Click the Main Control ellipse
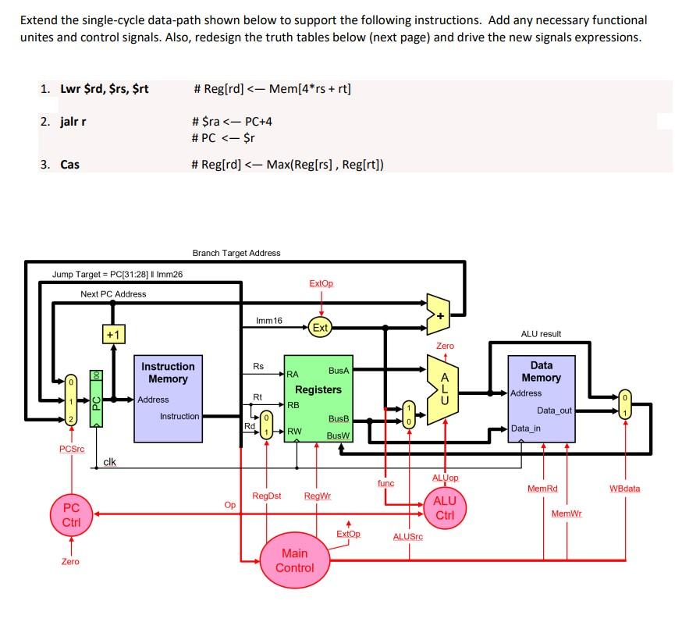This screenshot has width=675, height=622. tap(295, 560)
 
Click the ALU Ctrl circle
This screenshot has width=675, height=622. tap(445, 508)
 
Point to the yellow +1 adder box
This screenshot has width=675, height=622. tap(113, 335)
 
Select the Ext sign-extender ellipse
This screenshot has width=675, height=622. tap(320, 328)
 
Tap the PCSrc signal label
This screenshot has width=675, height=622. tap(71, 449)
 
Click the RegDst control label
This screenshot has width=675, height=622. tap(267, 496)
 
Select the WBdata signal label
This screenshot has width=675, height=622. tap(624, 489)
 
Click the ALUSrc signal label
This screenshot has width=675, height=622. tap(408, 537)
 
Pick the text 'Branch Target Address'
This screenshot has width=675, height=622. tap(236, 253)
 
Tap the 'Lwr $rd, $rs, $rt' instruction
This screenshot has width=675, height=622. tap(105, 89)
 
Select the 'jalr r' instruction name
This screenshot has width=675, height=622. tap(73, 122)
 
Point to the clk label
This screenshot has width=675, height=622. tap(110, 462)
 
